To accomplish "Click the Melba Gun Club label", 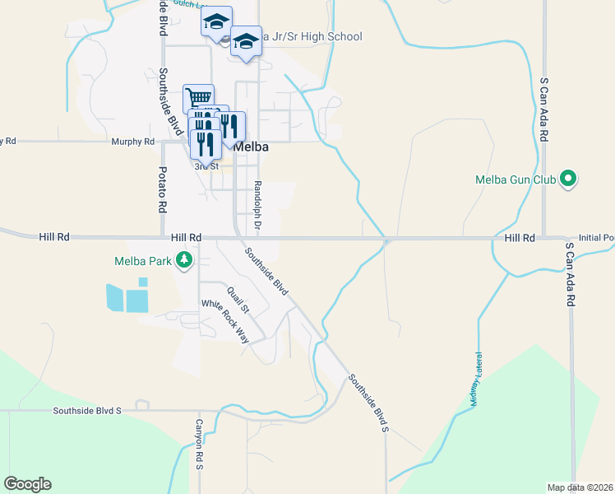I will tap(515, 179).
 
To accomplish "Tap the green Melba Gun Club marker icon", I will tap(567, 178).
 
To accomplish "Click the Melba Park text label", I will tap(144, 262).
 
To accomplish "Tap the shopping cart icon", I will tap(198, 98).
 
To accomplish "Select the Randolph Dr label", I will tap(257, 205).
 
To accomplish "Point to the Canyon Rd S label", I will tap(198, 445).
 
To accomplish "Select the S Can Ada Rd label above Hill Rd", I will tap(543, 111).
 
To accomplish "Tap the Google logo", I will tap(27, 484).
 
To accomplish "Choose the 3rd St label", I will tap(206, 165).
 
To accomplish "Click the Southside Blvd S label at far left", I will tap(86, 409).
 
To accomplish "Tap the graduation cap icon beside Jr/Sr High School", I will tap(246, 43).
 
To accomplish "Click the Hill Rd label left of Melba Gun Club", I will tap(520, 238).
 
